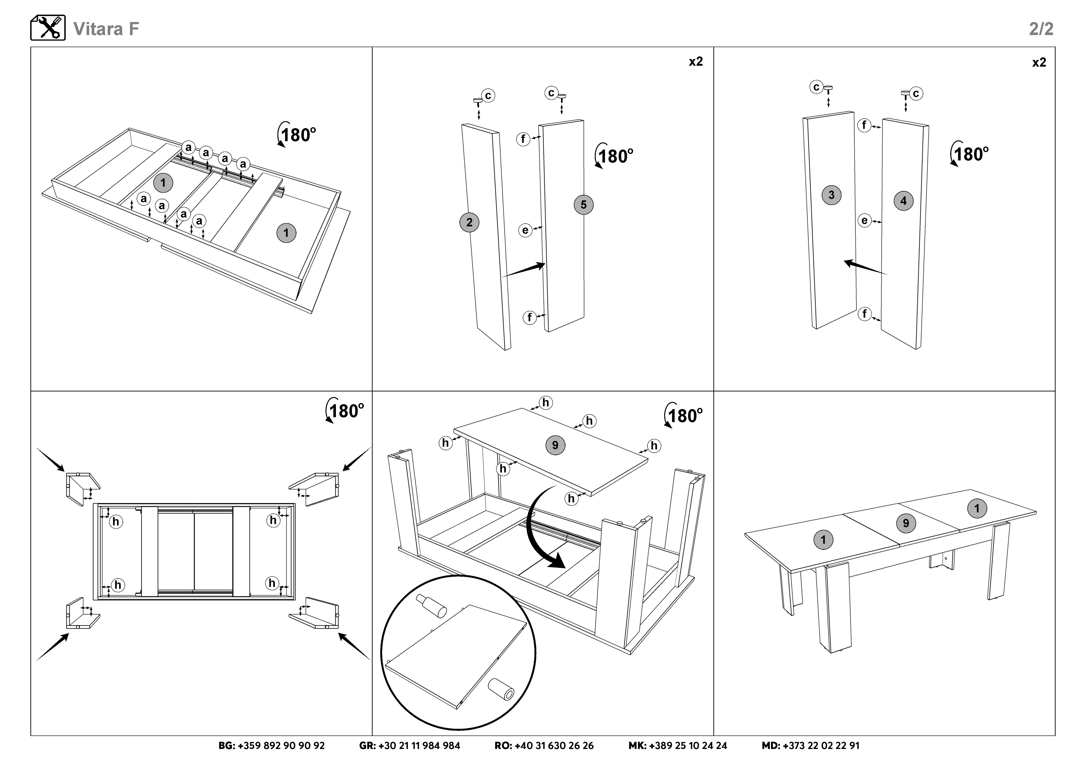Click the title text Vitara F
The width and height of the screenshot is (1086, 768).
106,29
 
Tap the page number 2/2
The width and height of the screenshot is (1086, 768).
1041,29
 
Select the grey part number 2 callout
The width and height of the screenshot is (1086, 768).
469,222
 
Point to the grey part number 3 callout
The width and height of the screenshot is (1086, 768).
832,195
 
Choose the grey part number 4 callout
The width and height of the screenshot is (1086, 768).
904,201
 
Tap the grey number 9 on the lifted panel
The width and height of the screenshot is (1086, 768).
555,445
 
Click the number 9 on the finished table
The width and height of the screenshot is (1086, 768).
906,523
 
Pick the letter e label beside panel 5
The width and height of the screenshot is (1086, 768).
525,230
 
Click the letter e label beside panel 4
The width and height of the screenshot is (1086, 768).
864,220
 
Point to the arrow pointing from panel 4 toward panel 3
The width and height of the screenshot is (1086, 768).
866,267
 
